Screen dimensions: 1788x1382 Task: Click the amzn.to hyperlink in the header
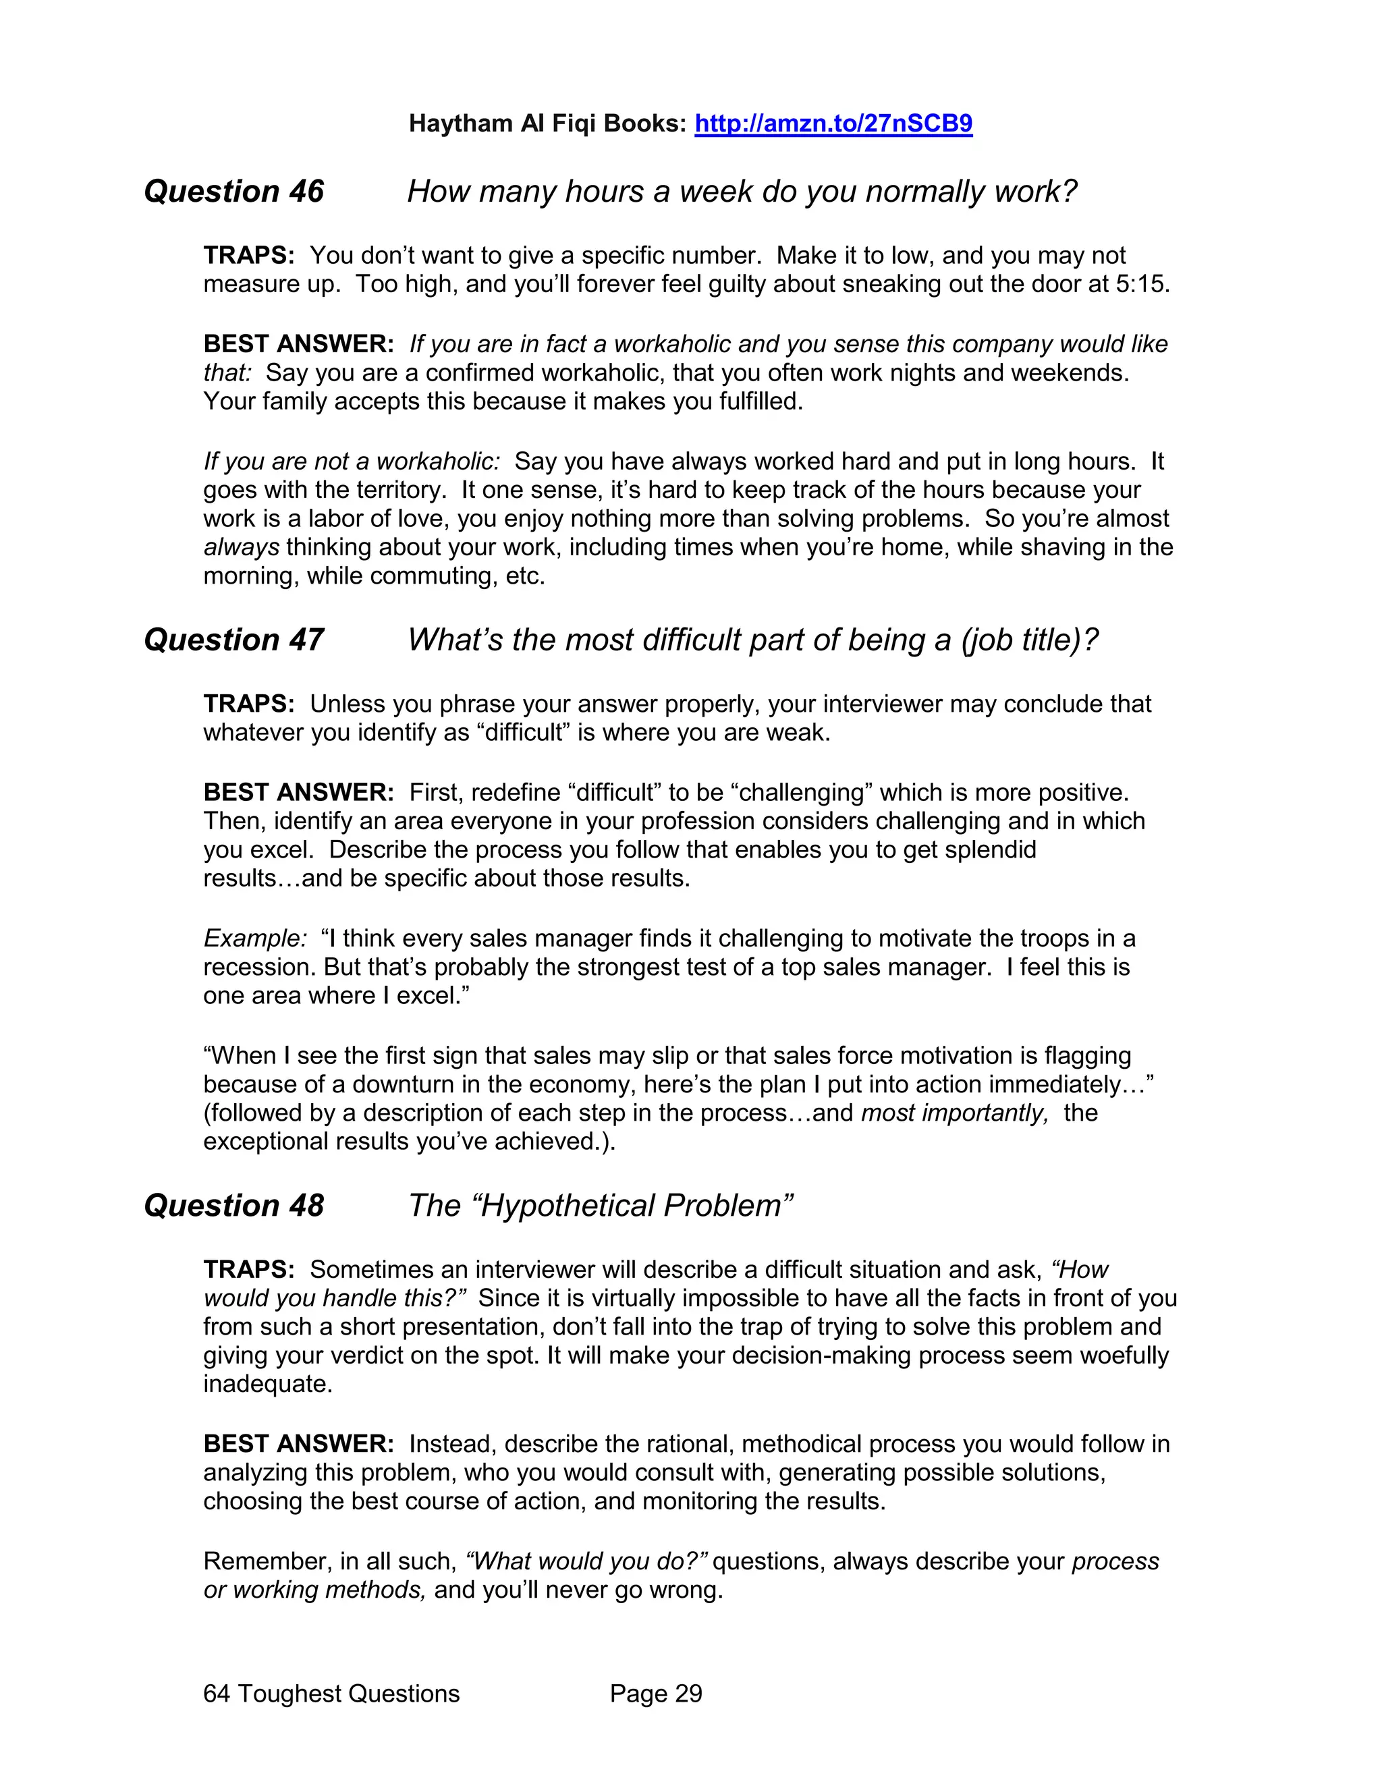833,123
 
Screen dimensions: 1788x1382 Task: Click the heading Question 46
233,192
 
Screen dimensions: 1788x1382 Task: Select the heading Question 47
233,640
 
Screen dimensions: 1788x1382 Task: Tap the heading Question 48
233,1206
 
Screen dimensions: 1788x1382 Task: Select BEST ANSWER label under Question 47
298,793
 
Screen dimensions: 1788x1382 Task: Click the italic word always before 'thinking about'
241,547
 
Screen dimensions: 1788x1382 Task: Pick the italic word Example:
254,939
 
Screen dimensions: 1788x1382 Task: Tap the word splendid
990,849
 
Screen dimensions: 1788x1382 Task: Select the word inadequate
267,1385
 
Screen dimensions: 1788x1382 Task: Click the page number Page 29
656,1694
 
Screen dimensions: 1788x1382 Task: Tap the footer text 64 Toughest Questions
331,1694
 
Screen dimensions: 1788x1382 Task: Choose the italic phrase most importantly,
953,1113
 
